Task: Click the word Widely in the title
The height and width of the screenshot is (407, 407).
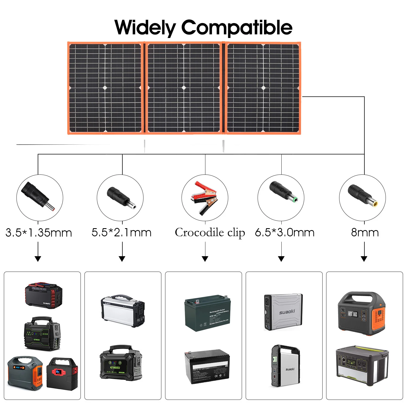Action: pos(145,28)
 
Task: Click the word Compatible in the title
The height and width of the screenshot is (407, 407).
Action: pos(237,28)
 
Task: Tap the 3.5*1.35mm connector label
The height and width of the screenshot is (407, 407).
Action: pos(39,233)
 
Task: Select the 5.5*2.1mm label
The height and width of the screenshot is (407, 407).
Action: pos(121,233)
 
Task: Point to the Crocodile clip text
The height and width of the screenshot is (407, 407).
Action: pos(210,233)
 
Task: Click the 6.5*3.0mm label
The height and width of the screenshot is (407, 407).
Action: pos(285,233)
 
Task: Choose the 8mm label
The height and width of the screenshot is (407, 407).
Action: pos(365,233)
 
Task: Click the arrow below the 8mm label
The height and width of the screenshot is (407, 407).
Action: pos(364,258)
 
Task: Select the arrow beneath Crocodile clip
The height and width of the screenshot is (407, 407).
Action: pos(205,258)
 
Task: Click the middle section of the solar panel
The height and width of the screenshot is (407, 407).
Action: pos(184,88)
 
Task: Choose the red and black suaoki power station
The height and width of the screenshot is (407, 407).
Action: pos(43,295)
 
